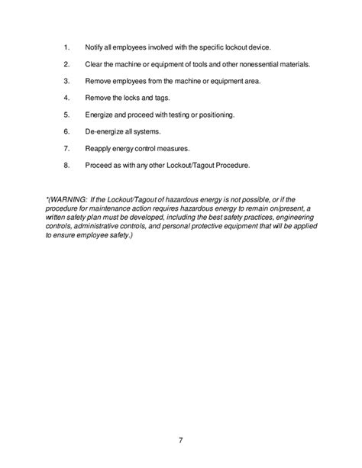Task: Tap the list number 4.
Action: pos(67,97)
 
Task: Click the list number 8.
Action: pos(67,165)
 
